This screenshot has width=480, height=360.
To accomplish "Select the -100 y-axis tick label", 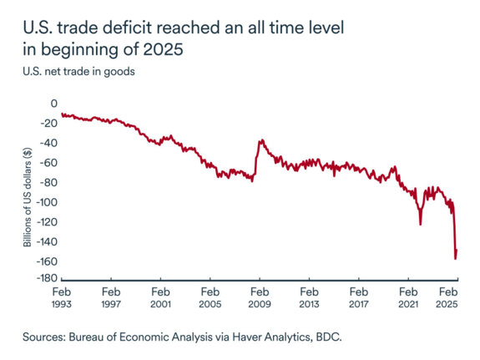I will (45, 202).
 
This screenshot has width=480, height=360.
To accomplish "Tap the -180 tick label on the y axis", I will (45, 281).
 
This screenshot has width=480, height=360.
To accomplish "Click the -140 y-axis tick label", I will (45, 241).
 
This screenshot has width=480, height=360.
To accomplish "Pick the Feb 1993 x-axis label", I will (62, 299).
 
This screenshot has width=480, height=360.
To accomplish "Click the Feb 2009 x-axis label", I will (260, 299).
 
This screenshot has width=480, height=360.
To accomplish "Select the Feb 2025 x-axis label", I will (449, 299).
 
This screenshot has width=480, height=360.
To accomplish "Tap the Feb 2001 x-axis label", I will (160, 299).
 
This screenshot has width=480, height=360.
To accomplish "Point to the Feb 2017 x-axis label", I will (359, 299).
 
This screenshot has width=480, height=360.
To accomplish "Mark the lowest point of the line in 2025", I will (455, 259).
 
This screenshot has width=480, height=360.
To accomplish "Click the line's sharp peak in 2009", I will (260, 140).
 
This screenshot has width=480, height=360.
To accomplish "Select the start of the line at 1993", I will (62, 114).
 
